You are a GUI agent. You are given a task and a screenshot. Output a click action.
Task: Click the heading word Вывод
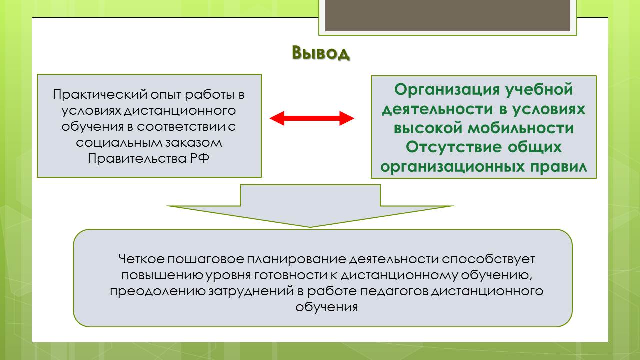click(x=321, y=53)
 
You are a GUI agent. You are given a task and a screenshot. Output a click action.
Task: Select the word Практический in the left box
click(x=100, y=95)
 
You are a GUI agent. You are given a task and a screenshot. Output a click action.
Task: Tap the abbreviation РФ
click(x=199, y=158)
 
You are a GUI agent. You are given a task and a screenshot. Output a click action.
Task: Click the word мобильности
click(x=520, y=128)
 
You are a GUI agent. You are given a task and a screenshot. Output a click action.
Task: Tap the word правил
click(x=559, y=167)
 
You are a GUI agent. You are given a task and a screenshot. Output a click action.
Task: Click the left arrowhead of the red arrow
click(x=277, y=118)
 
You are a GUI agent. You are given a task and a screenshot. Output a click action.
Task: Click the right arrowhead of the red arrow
click(x=347, y=118)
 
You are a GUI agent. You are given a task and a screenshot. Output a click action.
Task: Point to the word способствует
click(x=488, y=259)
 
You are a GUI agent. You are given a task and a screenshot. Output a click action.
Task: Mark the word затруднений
click(x=251, y=291)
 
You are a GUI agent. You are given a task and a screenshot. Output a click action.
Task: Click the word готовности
click(x=291, y=275)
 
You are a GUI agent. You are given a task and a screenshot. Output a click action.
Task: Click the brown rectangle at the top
click(x=447, y=15)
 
